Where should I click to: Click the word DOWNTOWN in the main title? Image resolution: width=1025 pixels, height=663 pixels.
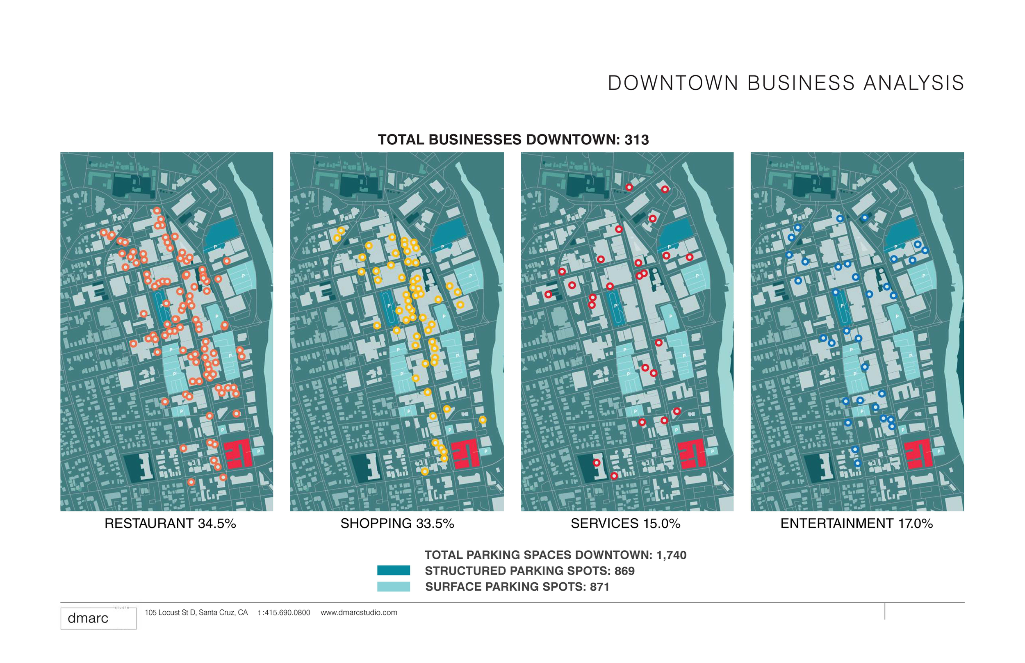[x=673, y=83]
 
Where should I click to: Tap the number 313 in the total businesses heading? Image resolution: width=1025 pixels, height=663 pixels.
[x=636, y=140]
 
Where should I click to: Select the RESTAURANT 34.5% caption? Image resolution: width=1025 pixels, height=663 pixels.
[x=170, y=524]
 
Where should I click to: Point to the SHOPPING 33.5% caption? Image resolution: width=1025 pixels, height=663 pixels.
[x=397, y=524]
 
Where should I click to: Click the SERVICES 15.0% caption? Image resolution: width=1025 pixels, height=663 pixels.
[x=625, y=524]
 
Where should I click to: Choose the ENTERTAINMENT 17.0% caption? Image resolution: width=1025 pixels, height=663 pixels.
[x=856, y=524]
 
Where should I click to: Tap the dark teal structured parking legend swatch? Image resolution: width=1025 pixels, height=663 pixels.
[x=394, y=570]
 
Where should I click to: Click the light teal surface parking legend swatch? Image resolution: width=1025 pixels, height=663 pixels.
[x=394, y=586]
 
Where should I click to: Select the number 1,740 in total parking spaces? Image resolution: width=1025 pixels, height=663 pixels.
[x=671, y=555]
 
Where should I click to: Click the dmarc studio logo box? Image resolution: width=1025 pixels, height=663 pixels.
[x=98, y=618]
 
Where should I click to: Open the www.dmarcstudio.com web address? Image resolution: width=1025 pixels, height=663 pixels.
[x=359, y=613]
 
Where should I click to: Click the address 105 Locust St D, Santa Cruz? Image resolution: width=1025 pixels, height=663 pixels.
[x=196, y=613]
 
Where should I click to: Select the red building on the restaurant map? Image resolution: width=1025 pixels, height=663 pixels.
[x=238, y=454]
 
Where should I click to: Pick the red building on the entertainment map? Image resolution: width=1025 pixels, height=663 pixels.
[x=918, y=454]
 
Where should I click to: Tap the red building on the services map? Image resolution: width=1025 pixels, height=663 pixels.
[x=691, y=454]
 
